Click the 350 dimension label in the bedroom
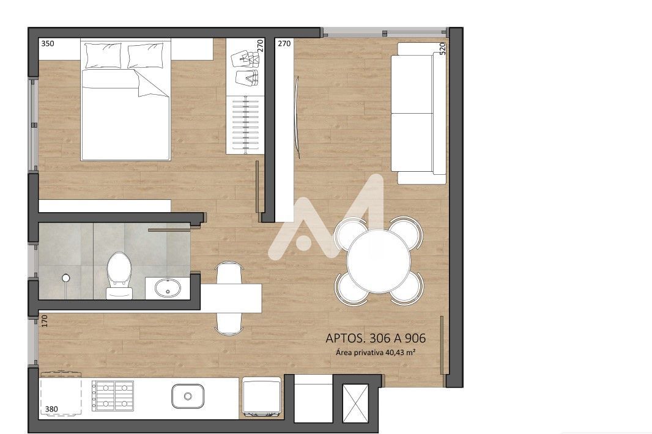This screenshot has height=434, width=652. pyautogui.click(x=48, y=43)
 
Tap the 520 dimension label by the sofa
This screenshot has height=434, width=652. pyautogui.click(x=442, y=48)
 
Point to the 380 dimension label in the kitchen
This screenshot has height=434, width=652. pyautogui.click(x=51, y=409)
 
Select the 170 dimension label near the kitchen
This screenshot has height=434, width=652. pyautogui.click(x=45, y=320)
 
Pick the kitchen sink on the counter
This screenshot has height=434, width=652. pyautogui.click(x=188, y=396)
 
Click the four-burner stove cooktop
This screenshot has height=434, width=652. pyautogui.click(x=113, y=395)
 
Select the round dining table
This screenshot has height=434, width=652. pyautogui.click(x=379, y=262)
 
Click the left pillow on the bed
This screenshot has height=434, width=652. pyautogui.click(x=103, y=55)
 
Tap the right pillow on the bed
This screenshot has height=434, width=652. pyautogui.click(x=145, y=56)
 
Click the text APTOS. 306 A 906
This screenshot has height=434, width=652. pyautogui.click(x=376, y=339)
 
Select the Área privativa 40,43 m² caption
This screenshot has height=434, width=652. pyautogui.click(x=376, y=353)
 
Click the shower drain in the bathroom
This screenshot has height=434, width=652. pyautogui.click(x=65, y=278)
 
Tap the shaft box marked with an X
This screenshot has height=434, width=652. pyautogui.click(x=355, y=403)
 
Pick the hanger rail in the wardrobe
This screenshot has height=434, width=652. pyautogui.click(x=246, y=125)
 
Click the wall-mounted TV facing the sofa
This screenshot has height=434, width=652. pyautogui.click(x=297, y=117)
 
